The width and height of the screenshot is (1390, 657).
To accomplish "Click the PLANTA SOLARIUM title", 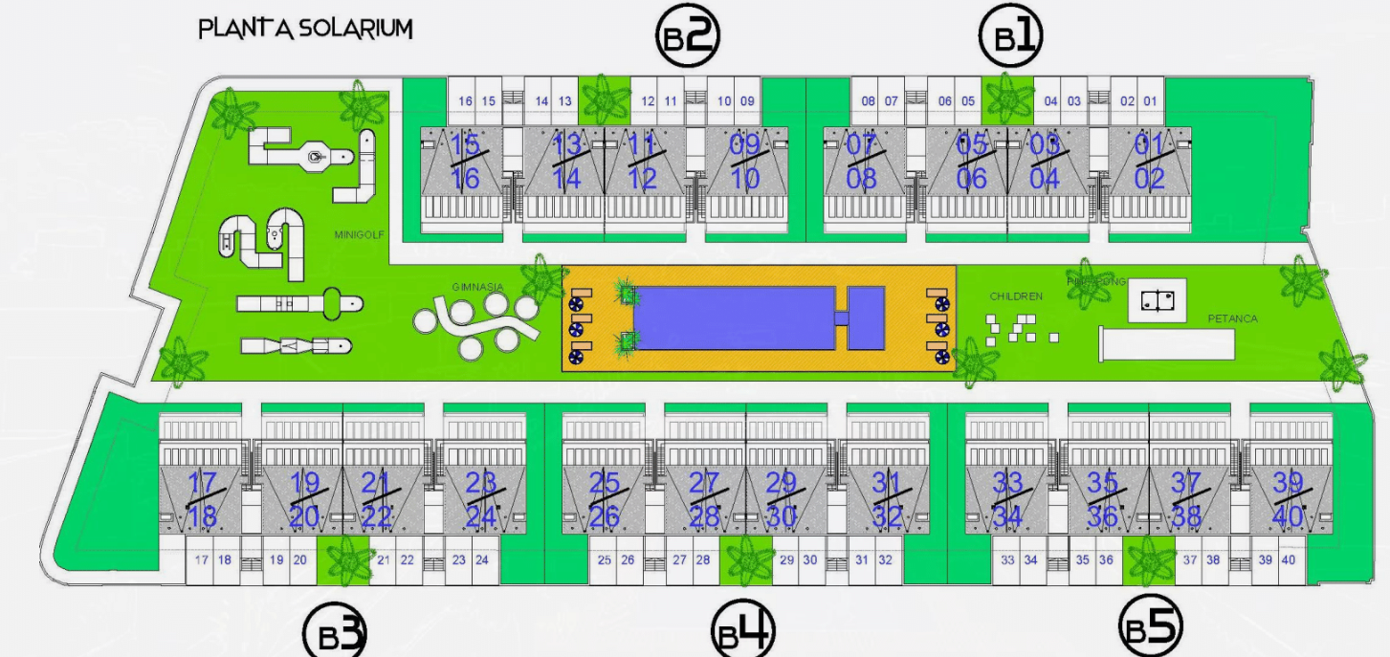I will [305, 29].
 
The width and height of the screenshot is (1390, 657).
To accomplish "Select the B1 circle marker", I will [1010, 37].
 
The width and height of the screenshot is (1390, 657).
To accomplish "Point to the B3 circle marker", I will [335, 634].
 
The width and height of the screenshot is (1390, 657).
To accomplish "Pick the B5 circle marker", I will [1151, 628].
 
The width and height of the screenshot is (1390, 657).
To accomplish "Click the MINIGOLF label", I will [359, 233].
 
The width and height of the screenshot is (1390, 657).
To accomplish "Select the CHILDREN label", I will [1016, 296].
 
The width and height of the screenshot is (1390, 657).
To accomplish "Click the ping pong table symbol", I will [1158, 300].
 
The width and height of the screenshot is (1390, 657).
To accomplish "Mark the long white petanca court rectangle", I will [1166, 342].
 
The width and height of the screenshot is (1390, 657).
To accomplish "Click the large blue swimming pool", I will [734, 318].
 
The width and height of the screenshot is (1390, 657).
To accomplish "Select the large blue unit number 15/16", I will [465, 162].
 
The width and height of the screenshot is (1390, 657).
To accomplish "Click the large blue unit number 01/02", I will [1149, 162].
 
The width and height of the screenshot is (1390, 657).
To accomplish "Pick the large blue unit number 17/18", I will [204, 499].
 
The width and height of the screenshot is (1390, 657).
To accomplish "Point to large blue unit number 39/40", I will [1288, 499].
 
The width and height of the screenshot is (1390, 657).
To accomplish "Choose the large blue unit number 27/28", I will [703, 499].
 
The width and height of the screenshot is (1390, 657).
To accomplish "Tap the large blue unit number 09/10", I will [744, 162].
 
